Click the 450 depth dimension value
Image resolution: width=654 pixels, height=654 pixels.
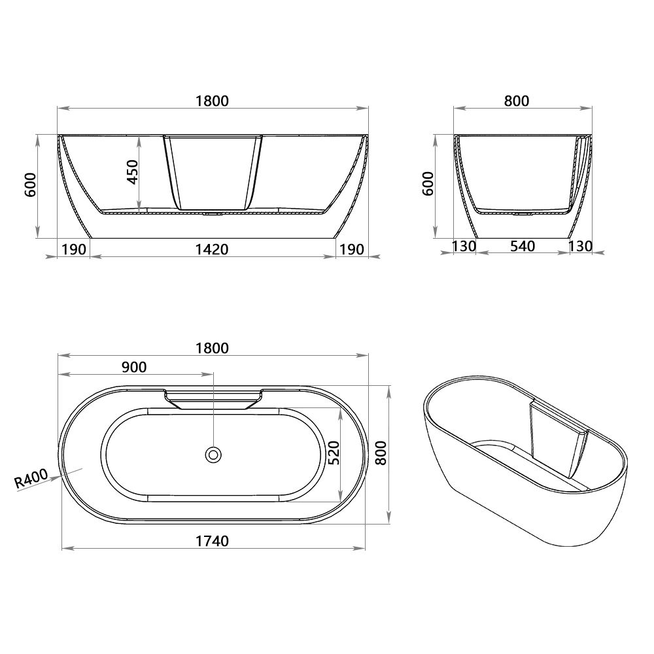(133, 172)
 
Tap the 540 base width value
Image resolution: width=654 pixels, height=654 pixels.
(522, 246)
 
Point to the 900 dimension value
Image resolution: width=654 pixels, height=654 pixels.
(134, 367)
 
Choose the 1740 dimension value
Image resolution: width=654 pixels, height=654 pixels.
(212, 541)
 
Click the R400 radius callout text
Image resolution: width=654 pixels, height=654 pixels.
(31, 479)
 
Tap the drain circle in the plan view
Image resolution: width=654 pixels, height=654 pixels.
(213, 454)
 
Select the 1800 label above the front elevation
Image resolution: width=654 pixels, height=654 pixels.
(212, 101)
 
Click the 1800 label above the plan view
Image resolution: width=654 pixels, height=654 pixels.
(212, 348)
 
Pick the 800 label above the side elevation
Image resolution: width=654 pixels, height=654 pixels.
(517, 101)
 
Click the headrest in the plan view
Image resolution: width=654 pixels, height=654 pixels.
(213, 399)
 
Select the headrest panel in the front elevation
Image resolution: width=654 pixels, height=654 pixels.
(213, 171)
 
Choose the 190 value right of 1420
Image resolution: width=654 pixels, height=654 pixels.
(351, 249)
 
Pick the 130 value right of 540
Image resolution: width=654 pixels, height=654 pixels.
(580, 246)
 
